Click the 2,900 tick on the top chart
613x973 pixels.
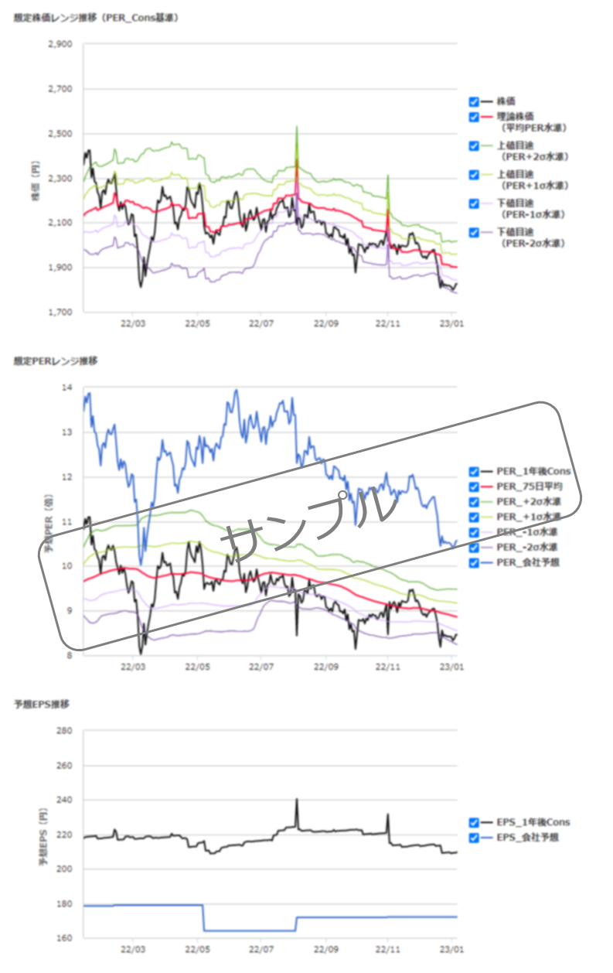pos(60,45)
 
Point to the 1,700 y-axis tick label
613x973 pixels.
pos(60,312)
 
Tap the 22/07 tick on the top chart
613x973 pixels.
pos(261,324)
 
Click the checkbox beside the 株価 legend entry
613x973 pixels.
pos(473,101)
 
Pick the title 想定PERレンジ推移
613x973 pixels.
pos(56,361)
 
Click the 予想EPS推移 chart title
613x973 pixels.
pos(42,705)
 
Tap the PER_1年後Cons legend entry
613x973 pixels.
pos(534,472)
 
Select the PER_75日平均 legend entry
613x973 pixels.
pos(530,486)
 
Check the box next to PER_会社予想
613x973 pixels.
pos(473,562)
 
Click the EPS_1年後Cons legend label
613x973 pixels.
pos(533,822)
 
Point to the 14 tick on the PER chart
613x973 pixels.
pos(66,387)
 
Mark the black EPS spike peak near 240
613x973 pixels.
pos(296,800)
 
